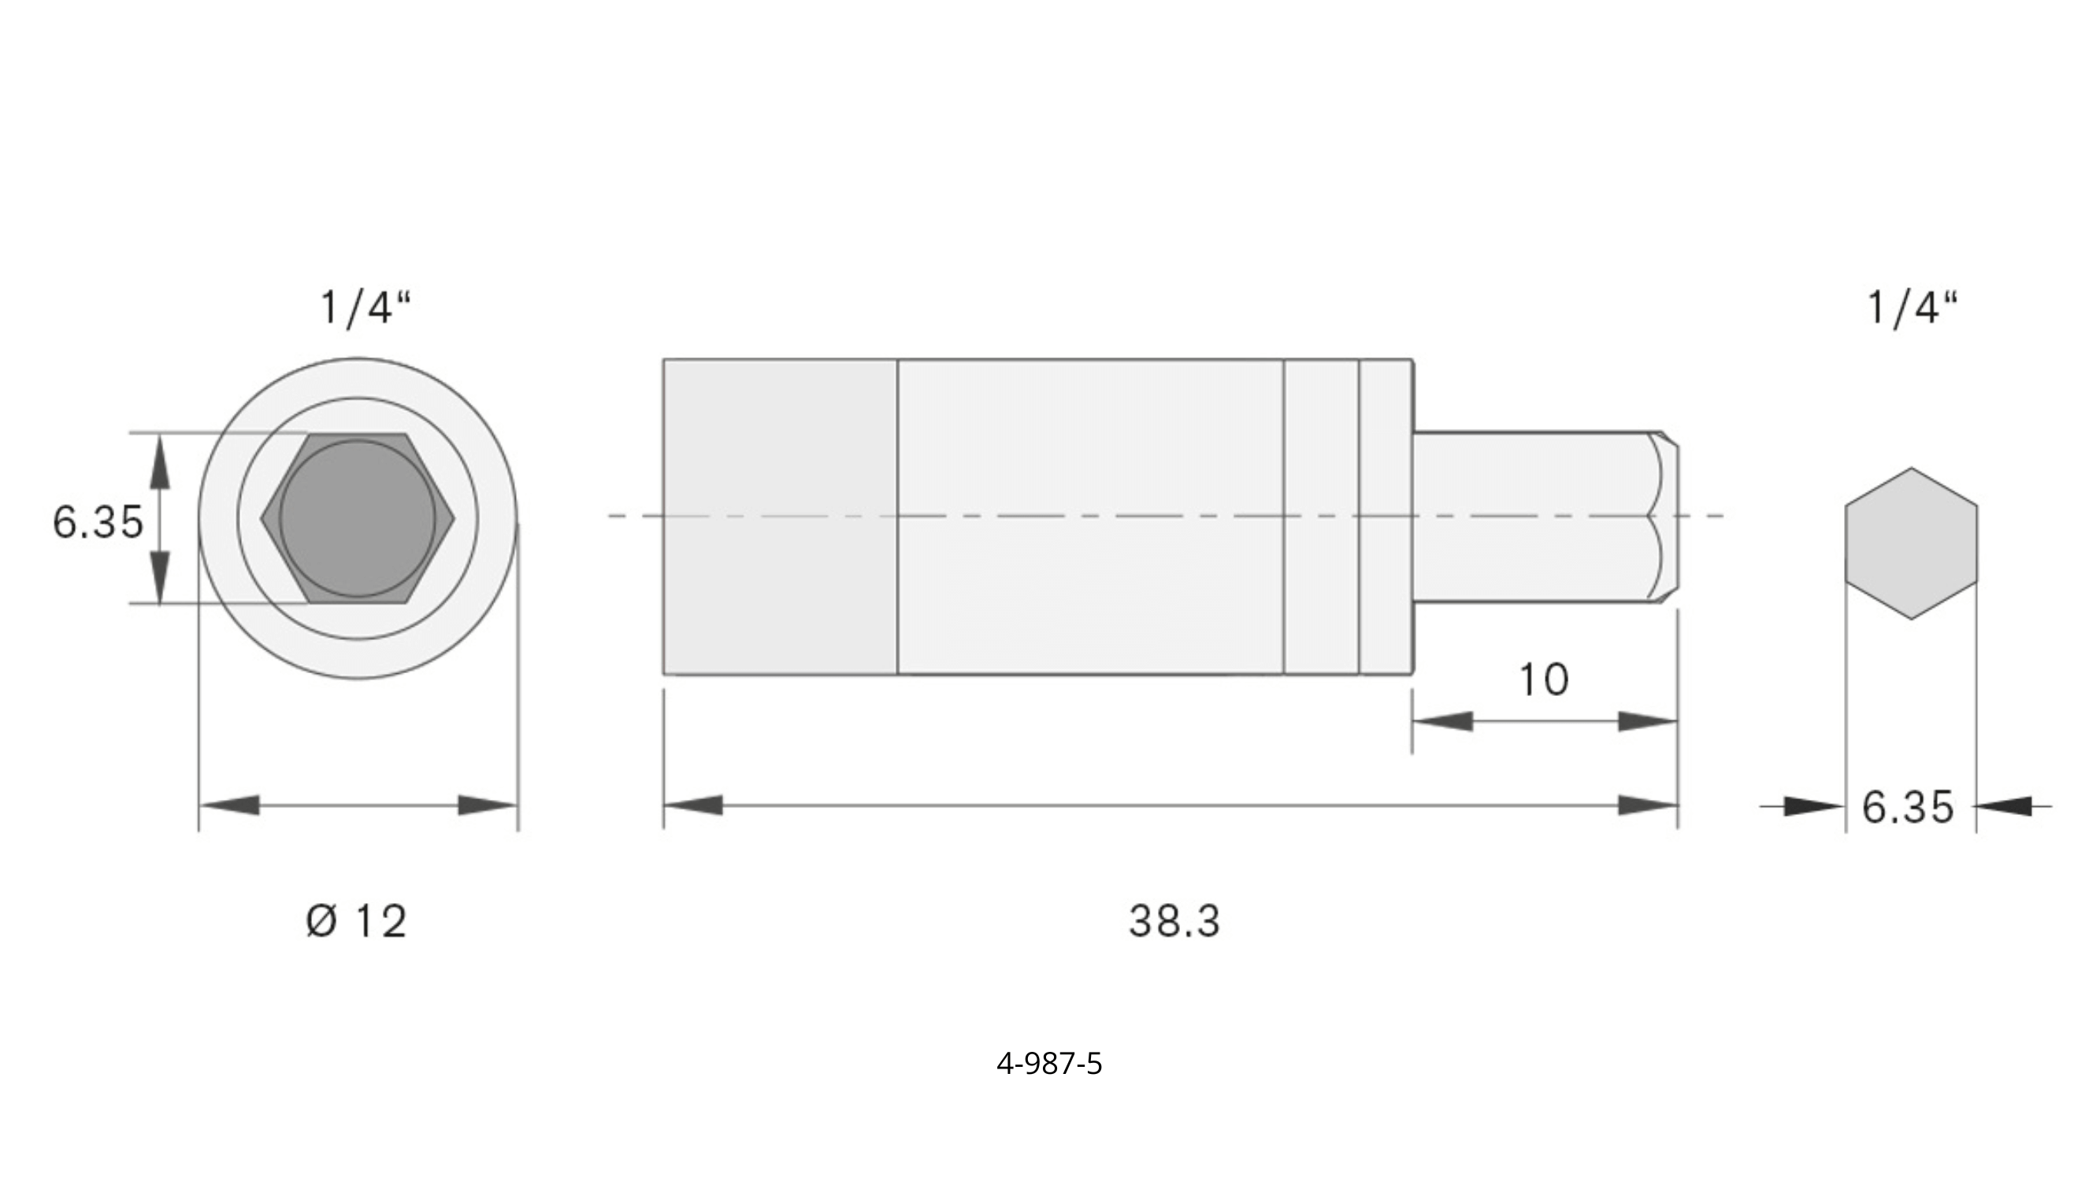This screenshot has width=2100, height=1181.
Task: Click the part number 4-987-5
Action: (x=1049, y=1064)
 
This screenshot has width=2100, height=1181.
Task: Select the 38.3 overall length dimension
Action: (x=1174, y=922)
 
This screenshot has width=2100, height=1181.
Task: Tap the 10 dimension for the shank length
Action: (x=1544, y=679)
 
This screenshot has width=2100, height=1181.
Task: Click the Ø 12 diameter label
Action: (x=356, y=922)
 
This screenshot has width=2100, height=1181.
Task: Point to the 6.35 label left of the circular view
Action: (x=98, y=522)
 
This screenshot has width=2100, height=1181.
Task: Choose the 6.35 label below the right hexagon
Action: (x=1909, y=808)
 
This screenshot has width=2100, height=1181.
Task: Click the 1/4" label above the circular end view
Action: (x=365, y=308)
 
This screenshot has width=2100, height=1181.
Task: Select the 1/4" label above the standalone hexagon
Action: (x=1912, y=308)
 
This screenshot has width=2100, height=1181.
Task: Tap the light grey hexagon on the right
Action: (x=1911, y=543)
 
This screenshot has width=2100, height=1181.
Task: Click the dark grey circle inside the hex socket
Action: (x=357, y=518)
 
